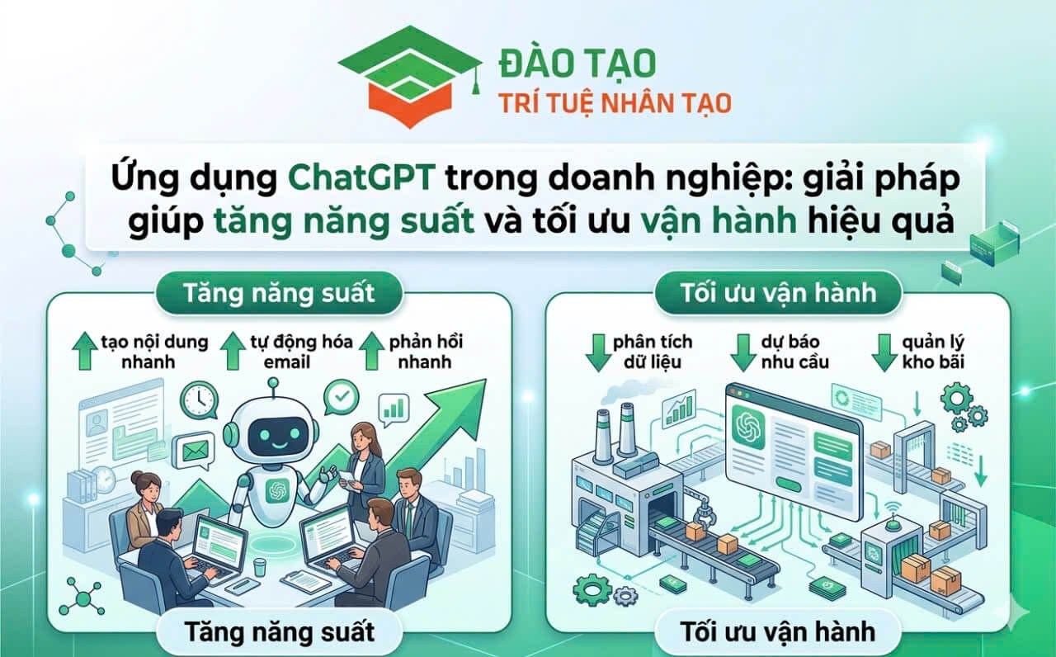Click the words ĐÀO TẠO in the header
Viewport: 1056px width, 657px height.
pyautogui.click(x=577, y=64)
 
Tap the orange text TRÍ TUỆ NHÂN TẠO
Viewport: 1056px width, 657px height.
pyautogui.click(x=615, y=104)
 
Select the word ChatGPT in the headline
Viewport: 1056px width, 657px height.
pyautogui.click(x=361, y=177)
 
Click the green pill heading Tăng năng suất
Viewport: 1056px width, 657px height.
pyautogui.click(x=279, y=293)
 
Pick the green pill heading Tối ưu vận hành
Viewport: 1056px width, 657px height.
pyautogui.click(x=778, y=293)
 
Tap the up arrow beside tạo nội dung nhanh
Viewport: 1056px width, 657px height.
pyautogui.click(x=85, y=351)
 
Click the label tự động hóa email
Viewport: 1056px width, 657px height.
pyautogui.click(x=302, y=352)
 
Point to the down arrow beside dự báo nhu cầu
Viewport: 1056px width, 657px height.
pyautogui.click(x=743, y=352)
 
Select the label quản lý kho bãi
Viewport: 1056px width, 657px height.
pyautogui.click(x=933, y=352)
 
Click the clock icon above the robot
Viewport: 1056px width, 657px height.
pyautogui.click(x=199, y=401)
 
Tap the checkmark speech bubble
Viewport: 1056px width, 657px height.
pyautogui.click(x=342, y=398)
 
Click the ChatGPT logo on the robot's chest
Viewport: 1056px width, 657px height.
pyautogui.click(x=277, y=490)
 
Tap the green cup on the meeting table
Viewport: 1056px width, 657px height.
pyautogui.click(x=260, y=567)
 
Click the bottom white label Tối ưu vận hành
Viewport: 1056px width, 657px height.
pyautogui.click(x=778, y=631)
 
